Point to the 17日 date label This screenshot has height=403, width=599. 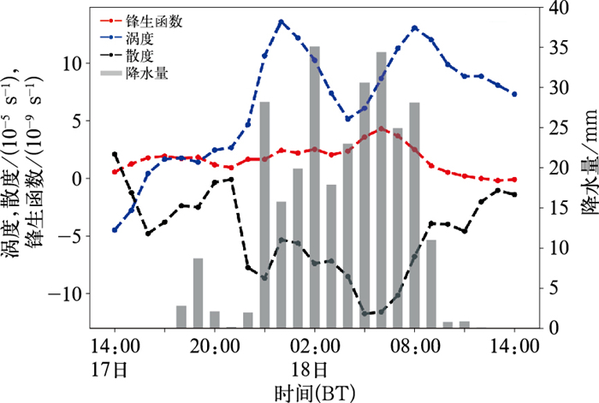[114, 370]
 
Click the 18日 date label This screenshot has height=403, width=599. [315, 370]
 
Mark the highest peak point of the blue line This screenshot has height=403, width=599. [281, 21]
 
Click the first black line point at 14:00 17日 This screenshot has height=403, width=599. [115, 154]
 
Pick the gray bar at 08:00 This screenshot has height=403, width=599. [415, 215]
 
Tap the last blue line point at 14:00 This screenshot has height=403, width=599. [514, 94]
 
